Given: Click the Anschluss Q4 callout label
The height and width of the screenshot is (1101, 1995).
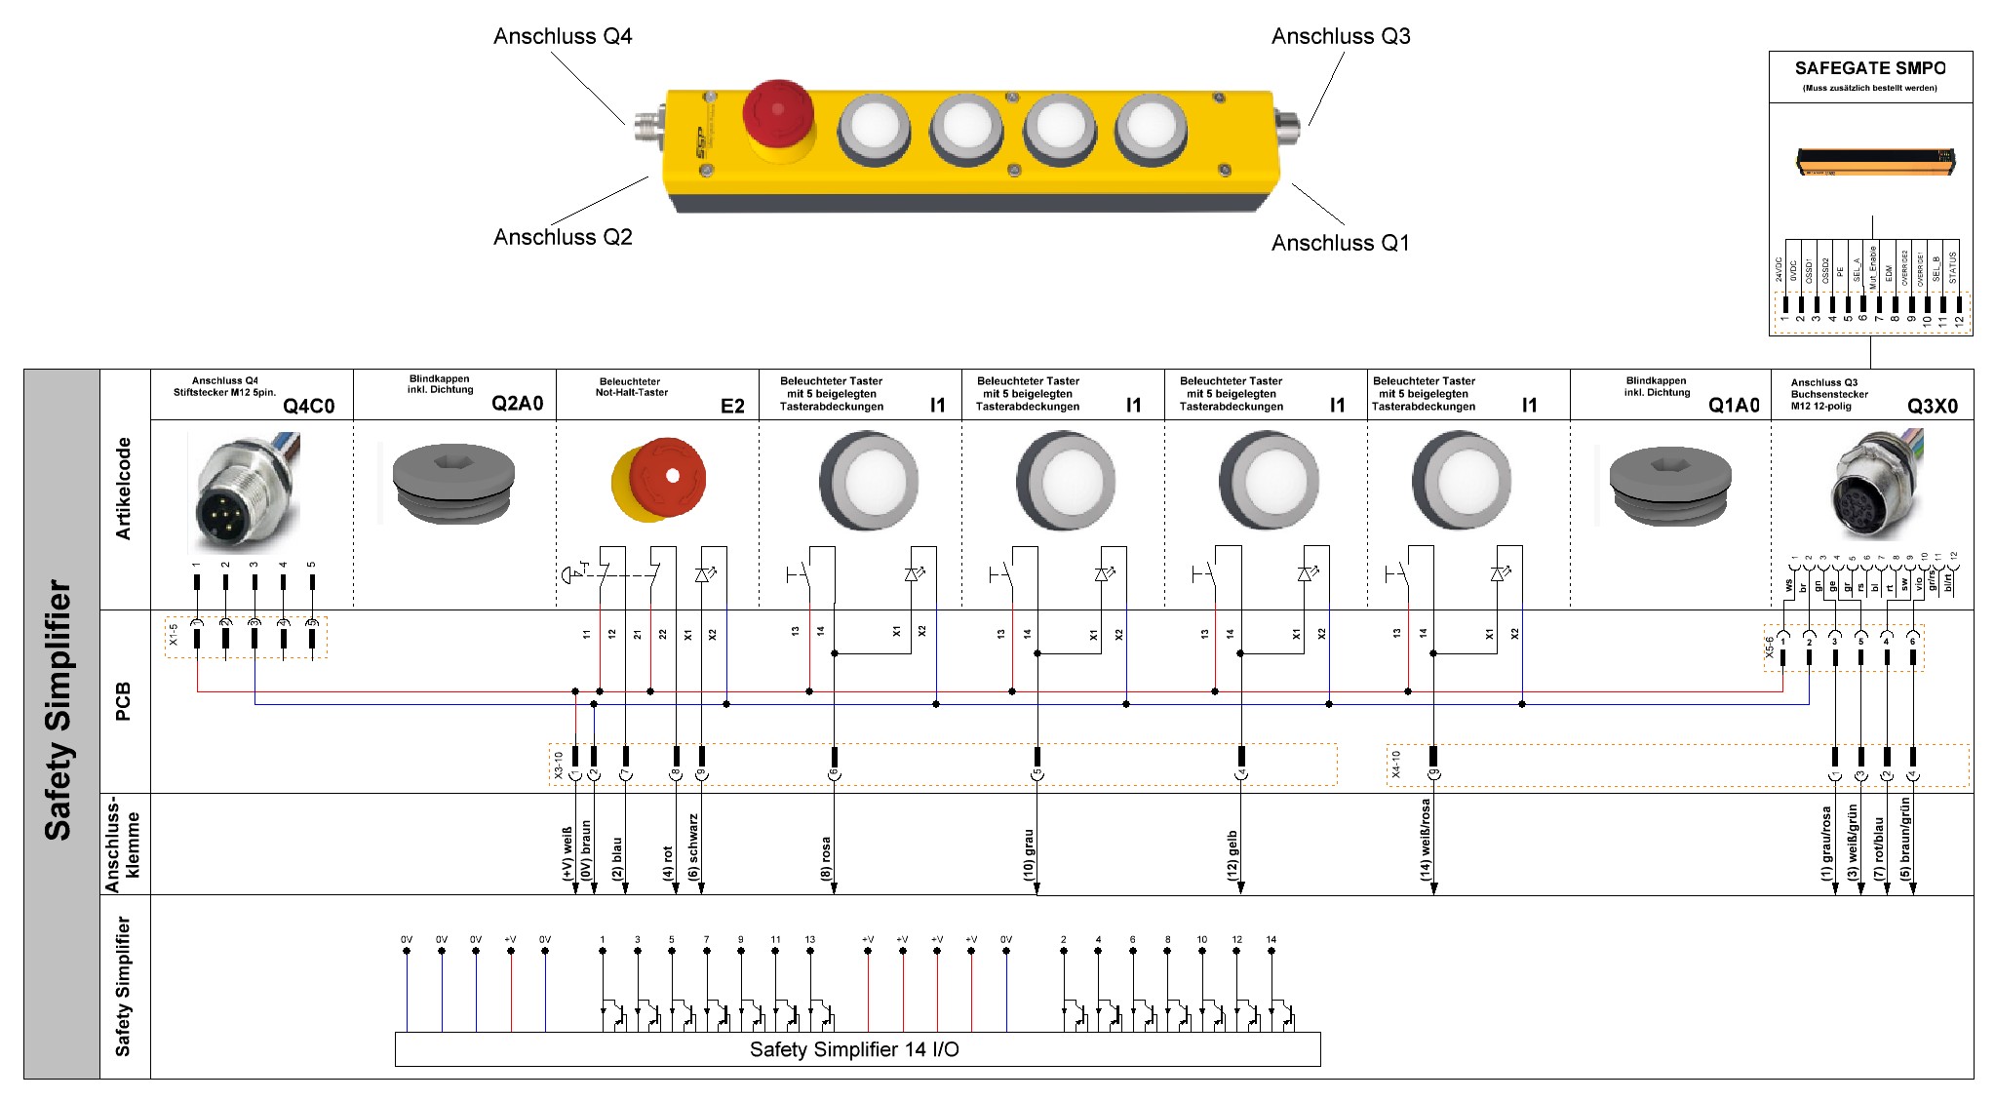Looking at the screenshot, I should tap(563, 37).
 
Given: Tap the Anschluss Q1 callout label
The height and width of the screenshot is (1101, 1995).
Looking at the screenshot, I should tap(1340, 243).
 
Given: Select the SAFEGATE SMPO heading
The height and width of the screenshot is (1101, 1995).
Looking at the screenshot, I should tap(1869, 68).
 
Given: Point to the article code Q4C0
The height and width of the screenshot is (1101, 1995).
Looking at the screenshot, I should tap(308, 406).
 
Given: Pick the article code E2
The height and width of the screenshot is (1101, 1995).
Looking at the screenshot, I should tap(732, 406).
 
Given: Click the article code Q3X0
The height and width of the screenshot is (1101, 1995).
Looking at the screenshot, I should tap(1932, 406).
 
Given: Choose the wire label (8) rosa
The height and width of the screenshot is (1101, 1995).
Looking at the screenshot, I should tap(826, 858).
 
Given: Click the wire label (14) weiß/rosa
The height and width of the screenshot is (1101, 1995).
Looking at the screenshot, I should tap(1426, 840).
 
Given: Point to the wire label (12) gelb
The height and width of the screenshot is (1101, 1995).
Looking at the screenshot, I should tap(1232, 855).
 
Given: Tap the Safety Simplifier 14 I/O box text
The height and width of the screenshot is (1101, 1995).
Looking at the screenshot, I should tap(854, 1049).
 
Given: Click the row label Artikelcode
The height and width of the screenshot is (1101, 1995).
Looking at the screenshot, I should tap(124, 489).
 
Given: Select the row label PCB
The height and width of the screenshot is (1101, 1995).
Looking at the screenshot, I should tap(124, 701).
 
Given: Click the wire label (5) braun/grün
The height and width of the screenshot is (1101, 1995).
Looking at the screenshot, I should tap(1905, 839).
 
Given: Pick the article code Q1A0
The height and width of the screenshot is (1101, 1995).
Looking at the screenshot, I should tap(1734, 406).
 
